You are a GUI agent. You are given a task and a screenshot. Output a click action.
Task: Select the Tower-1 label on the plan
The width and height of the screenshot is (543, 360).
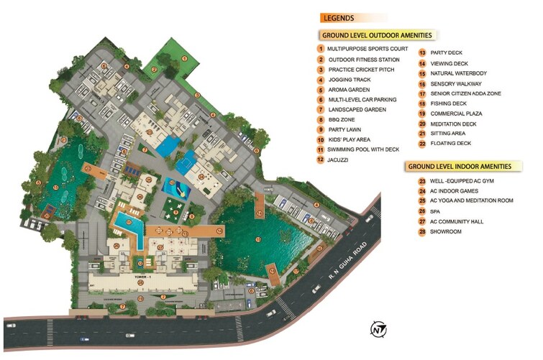click(139, 275)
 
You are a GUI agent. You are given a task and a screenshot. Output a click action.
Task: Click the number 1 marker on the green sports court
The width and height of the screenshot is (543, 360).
click(183, 58)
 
